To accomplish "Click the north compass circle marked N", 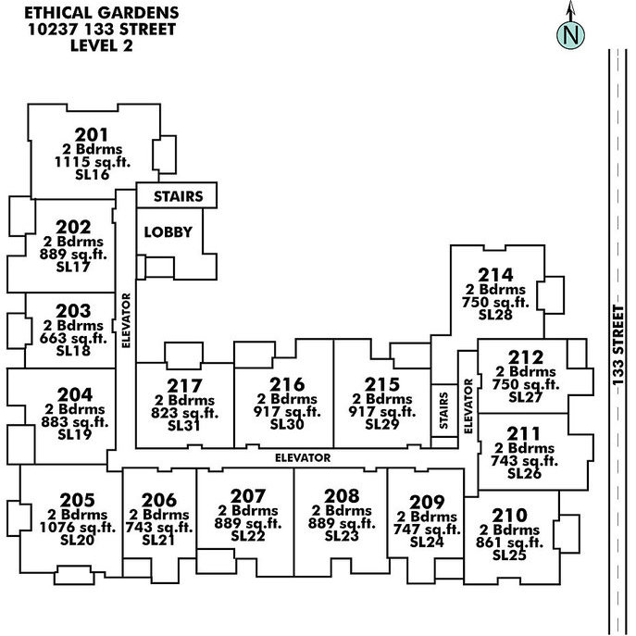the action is click(570, 35).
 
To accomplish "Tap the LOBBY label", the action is click(168, 232).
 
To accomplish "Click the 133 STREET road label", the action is click(617, 345).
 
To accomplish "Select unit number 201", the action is click(92, 134).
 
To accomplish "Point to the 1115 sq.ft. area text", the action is click(93, 162).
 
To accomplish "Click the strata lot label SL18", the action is click(73, 351).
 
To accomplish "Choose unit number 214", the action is click(495, 275).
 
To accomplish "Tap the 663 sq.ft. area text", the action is click(73, 338).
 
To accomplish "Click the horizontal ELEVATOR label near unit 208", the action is click(303, 458).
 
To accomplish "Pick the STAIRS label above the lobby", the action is click(178, 196).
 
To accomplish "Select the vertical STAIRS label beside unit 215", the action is click(443, 410).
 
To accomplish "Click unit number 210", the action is click(509, 516).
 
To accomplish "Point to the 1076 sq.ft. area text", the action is click(78, 528).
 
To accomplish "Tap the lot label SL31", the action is click(183, 426).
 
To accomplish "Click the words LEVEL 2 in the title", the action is click(102, 45).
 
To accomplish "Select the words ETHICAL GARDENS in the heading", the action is click(102, 13).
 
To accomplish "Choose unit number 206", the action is click(159, 500).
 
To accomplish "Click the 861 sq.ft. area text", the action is click(509, 542).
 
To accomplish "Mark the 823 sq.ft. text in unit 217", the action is click(185, 413).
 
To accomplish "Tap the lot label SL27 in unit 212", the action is click(526, 396).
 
